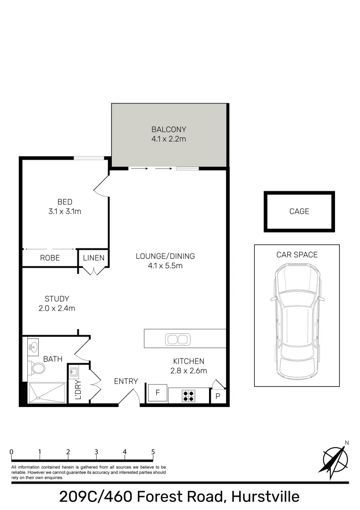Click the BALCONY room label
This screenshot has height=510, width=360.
pyautogui.click(x=168, y=129)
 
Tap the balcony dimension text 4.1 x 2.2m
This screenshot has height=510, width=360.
pyautogui.click(x=168, y=139)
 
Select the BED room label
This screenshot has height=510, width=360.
pyautogui.click(x=65, y=202)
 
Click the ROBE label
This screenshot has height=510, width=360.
pyautogui.click(x=50, y=258)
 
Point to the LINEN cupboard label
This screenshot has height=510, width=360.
pyautogui.click(x=93, y=258)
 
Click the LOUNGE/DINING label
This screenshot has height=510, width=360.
pyautogui.click(x=165, y=256)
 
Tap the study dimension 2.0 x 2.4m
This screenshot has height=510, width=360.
pyautogui.click(x=57, y=308)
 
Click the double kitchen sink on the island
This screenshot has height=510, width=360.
pyautogui.click(x=177, y=339)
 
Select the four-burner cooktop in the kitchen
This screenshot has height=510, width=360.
pyautogui.click(x=189, y=395)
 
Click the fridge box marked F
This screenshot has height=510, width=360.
pyautogui.click(x=158, y=393)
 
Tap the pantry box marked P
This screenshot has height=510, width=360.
pyautogui.click(x=218, y=396)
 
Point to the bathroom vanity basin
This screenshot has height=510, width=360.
pyautogui.click(x=34, y=346)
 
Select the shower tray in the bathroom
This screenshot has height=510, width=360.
pyautogui.click(x=47, y=393)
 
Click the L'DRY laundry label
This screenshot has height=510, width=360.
pyautogui.click(x=78, y=390)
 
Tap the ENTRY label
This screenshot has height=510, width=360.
pyautogui.click(x=126, y=381)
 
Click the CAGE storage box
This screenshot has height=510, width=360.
pyautogui.click(x=299, y=211)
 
